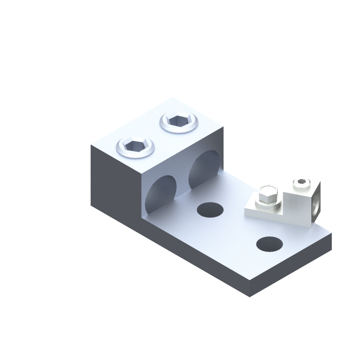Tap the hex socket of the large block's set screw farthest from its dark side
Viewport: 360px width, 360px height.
coord(179,120)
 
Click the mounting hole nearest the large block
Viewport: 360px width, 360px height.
coord(210,209)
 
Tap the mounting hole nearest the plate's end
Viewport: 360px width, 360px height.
coord(269,244)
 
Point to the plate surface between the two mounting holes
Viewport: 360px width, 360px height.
coord(239,227)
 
